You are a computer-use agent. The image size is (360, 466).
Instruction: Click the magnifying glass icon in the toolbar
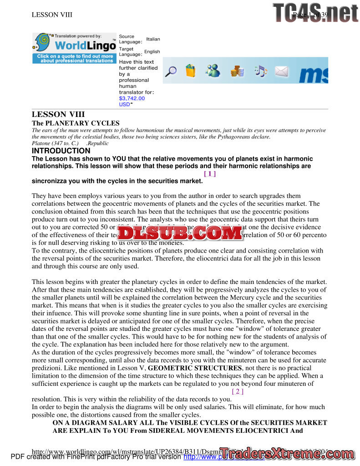pyautogui.click(x=171, y=71)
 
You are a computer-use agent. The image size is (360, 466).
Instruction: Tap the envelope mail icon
pyautogui.click(x=282, y=71)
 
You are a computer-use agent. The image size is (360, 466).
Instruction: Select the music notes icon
pyautogui.click(x=260, y=71)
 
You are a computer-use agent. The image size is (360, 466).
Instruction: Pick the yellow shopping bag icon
pyautogui.click(x=191, y=71)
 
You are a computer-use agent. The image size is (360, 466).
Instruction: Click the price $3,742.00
pyautogui.click(x=132, y=98)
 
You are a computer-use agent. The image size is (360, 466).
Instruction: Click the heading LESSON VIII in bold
pyautogui.click(x=58, y=114)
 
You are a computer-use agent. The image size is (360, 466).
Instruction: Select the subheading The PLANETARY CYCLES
pyautogui.click(x=76, y=123)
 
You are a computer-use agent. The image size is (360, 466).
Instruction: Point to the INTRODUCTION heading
pyautogui.click(x=61, y=151)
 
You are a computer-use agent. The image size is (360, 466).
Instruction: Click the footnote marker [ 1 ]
pyautogui.click(x=210, y=173)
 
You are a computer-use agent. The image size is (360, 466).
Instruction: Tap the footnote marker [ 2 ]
pyautogui.click(x=238, y=391)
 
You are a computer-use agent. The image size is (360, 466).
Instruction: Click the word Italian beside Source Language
pyautogui.click(x=153, y=39)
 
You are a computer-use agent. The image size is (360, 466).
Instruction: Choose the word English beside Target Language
pyautogui.click(x=152, y=52)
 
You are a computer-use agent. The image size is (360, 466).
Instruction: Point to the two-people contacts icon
pyautogui.click(x=213, y=71)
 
